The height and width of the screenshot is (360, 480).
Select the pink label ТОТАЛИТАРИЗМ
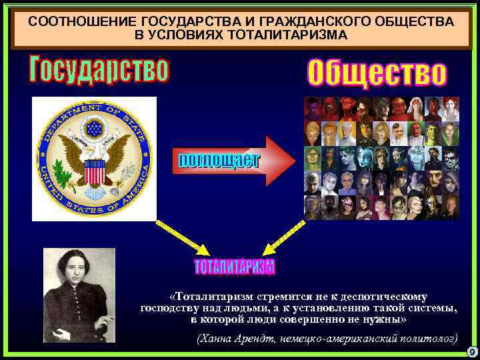234,267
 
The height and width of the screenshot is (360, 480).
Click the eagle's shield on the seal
95,171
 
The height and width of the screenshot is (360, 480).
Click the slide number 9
471,351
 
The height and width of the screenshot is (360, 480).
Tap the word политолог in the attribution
425,338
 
